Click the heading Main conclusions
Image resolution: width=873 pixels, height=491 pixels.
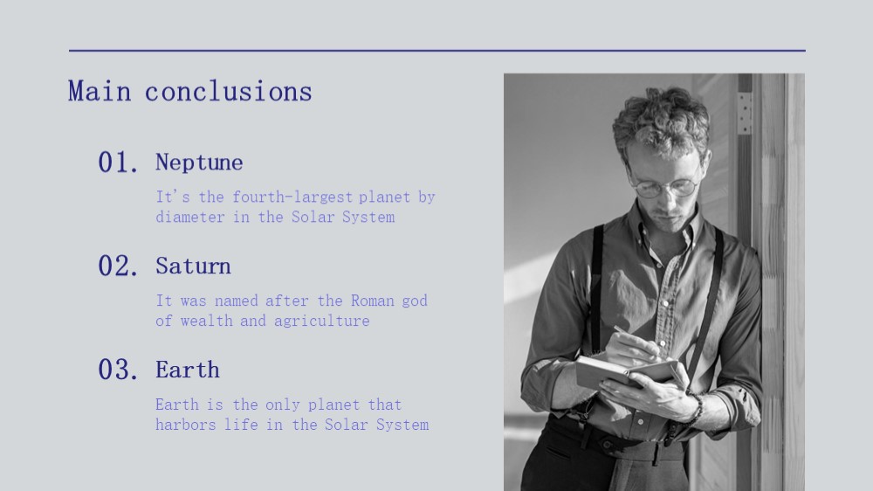[x=189, y=92]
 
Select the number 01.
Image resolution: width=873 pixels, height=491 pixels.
[x=118, y=163]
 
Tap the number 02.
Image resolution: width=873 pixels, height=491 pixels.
[x=118, y=266]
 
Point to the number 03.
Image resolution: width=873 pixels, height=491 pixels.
[x=118, y=370]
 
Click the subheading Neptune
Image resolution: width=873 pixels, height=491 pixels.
[x=199, y=163]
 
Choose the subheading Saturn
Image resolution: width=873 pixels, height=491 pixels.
[x=193, y=266]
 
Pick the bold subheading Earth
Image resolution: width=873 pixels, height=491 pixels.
[x=188, y=370]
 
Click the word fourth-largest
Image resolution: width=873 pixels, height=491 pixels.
[x=292, y=197]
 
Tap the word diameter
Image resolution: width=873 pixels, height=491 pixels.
[x=190, y=217]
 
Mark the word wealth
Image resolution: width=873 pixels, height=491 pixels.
[x=207, y=321]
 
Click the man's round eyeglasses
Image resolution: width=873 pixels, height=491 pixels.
[x=663, y=185]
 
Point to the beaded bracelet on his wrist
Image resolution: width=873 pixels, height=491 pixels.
[x=696, y=408]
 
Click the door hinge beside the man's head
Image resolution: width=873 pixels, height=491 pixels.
[x=744, y=114]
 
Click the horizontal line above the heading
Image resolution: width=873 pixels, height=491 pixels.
[x=437, y=51]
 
